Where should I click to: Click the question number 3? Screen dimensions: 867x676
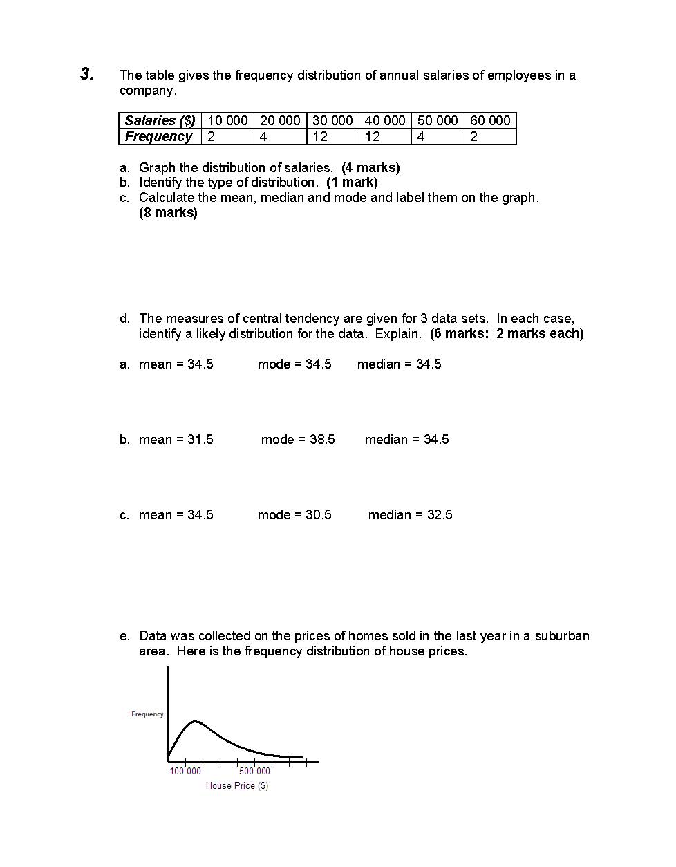86,74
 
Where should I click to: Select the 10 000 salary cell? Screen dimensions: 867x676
227,120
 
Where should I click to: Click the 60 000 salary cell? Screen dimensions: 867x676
490,120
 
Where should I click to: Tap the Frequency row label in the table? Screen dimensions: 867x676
158,136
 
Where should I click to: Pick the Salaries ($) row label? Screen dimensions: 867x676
160,120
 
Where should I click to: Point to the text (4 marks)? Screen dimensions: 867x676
370,167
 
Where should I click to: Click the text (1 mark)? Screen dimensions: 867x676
352,183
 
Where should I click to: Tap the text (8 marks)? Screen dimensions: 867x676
168,213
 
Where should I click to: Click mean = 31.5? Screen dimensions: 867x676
176,440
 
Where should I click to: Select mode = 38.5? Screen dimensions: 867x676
298,440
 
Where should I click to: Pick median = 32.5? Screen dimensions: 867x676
410,515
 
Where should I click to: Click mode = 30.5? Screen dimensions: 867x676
294,515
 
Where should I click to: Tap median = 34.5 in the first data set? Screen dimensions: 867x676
399,364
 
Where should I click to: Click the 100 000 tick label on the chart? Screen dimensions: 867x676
185,771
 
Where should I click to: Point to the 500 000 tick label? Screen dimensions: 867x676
254,771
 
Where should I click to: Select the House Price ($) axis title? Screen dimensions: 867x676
236,786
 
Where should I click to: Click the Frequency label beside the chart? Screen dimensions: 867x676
147,714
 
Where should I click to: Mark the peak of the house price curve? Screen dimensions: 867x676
196,722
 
